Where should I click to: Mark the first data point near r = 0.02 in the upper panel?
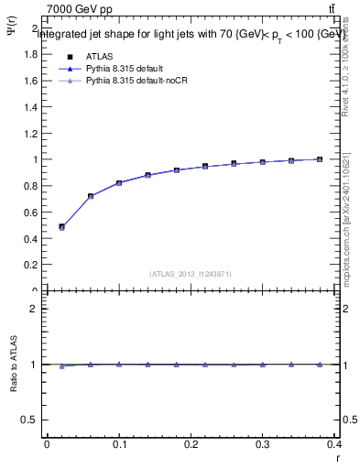click(61, 227)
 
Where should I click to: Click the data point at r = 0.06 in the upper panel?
click(91, 196)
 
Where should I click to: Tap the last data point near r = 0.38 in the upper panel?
click(320, 159)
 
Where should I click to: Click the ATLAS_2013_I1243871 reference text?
click(191, 274)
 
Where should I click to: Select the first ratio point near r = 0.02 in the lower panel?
click(61, 365)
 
